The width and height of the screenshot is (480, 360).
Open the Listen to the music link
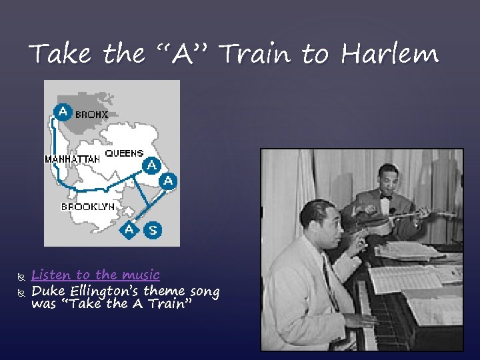click(95, 275)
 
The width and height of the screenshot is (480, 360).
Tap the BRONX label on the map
click(91, 115)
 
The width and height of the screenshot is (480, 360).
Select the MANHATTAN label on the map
click(72, 159)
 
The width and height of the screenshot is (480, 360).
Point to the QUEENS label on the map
click(124, 153)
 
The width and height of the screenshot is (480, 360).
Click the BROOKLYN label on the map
click(88, 207)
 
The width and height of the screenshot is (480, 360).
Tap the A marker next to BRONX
click(62, 111)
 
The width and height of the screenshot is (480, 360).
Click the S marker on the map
click(153, 230)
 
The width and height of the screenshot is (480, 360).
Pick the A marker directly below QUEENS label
click(152, 165)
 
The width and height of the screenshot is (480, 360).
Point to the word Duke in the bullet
click(45, 291)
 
